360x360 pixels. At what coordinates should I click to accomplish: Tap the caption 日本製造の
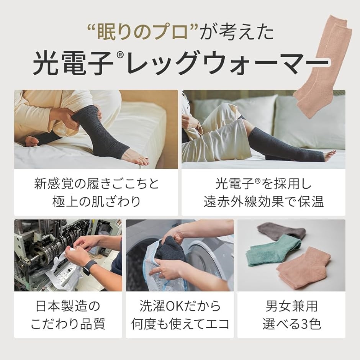pyautogui.click(x=68, y=306)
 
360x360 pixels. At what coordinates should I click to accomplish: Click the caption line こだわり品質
pyautogui.click(x=68, y=324)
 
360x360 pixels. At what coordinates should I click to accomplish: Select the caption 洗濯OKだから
pyautogui.click(x=180, y=306)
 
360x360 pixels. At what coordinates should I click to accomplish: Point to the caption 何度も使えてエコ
pyautogui.click(x=180, y=324)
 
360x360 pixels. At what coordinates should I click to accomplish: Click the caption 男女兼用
pyautogui.click(x=291, y=306)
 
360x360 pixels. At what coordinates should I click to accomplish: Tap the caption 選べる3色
pyautogui.click(x=291, y=324)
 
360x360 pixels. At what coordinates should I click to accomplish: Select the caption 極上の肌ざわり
pyautogui.click(x=96, y=201)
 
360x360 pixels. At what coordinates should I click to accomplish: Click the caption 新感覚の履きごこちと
pyautogui.click(x=96, y=183)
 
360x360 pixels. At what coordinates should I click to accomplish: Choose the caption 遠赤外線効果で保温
pyautogui.click(x=263, y=201)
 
